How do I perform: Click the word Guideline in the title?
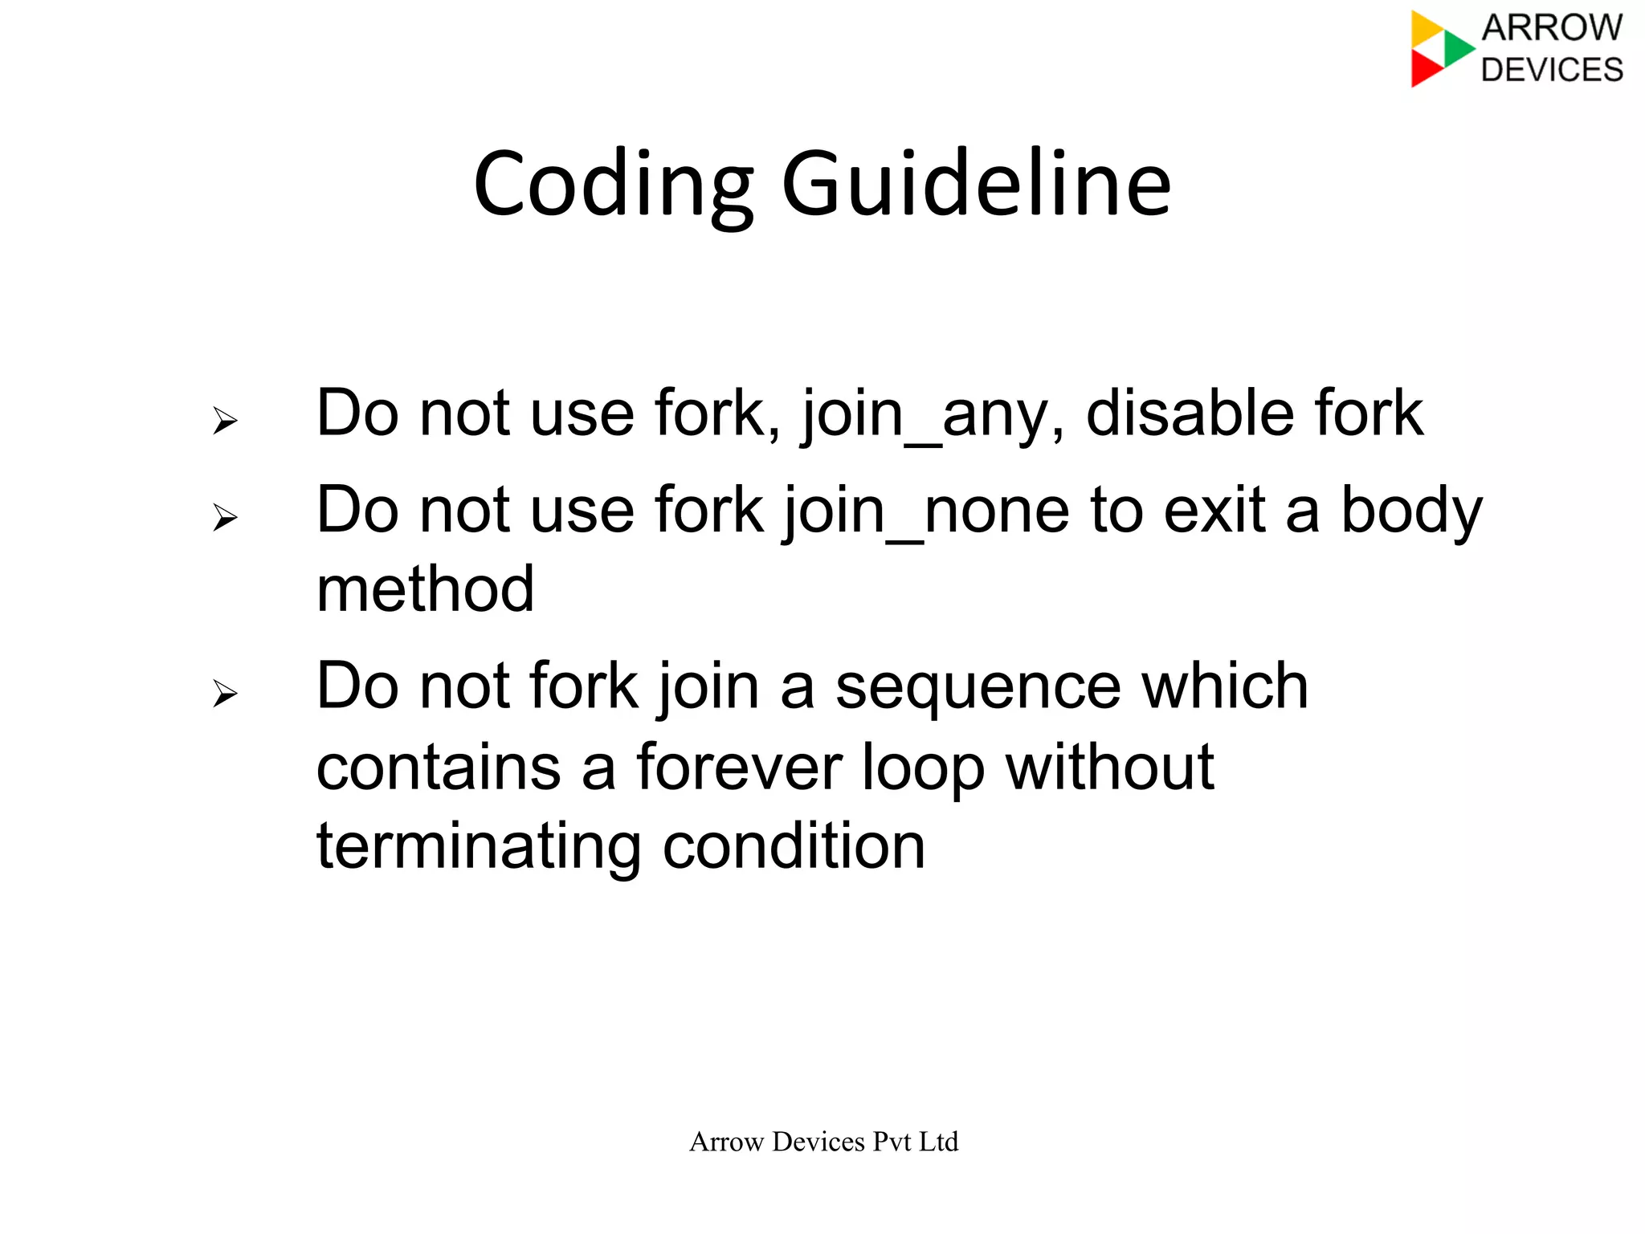point(976,185)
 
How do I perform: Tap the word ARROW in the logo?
point(1552,28)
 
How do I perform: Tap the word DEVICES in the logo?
point(1552,70)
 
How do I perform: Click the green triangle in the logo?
point(1457,48)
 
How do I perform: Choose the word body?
point(1411,511)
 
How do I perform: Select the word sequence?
point(978,687)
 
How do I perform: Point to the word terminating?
point(479,847)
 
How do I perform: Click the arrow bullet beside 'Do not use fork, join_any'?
point(225,420)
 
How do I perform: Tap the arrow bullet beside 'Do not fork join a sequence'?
point(225,692)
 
